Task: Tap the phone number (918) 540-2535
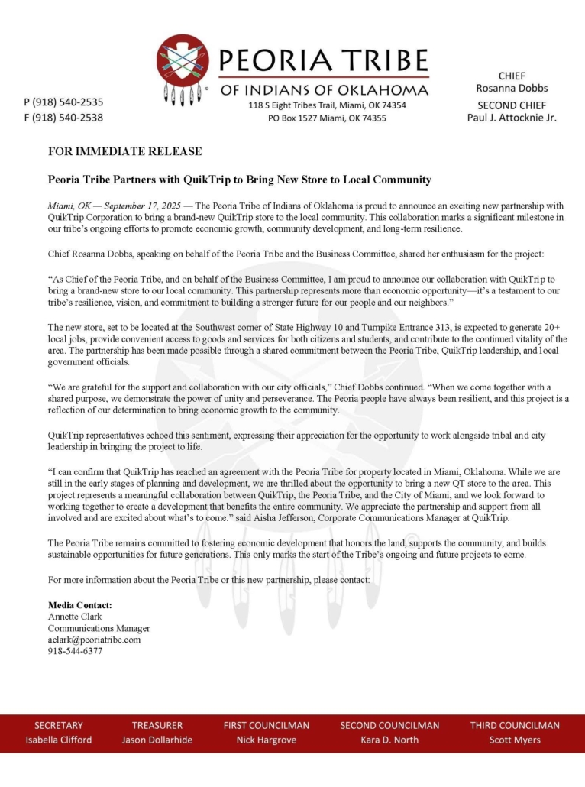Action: click(64, 102)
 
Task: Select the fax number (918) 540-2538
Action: click(64, 118)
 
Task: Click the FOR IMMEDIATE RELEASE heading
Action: click(124, 151)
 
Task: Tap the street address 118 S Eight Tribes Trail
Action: click(304, 105)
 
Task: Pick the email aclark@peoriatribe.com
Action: click(94, 640)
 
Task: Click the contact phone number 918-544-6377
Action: click(75, 651)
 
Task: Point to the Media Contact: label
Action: click(80, 605)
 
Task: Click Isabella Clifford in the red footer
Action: click(59, 740)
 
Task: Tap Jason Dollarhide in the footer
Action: click(157, 740)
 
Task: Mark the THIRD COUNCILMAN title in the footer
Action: click(515, 725)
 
